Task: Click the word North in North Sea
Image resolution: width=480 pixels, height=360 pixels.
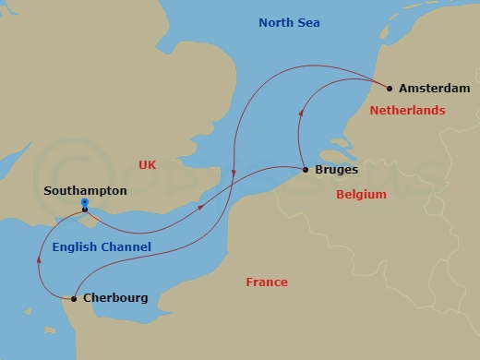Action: tap(276, 22)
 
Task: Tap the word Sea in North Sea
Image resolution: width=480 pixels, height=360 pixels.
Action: tap(308, 22)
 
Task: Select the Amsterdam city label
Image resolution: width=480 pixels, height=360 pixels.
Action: tap(435, 89)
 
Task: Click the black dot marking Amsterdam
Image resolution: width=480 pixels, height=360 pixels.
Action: tap(390, 89)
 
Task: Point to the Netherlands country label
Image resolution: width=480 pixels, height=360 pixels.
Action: tap(407, 110)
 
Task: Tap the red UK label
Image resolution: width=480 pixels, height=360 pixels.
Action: tap(148, 164)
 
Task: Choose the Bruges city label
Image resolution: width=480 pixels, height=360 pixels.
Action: tap(336, 170)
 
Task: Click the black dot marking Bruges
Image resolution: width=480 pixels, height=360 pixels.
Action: tap(306, 170)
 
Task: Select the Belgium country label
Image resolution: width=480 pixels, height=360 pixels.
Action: tap(361, 195)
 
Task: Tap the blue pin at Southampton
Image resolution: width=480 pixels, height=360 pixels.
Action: tap(84, 203)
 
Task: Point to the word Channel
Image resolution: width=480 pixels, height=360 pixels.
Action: tap(126, 246)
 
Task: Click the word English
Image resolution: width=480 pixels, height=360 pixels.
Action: tap(76, 246)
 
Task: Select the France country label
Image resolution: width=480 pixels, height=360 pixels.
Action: tap(267, 282)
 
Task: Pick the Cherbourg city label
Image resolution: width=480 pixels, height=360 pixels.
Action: tap(115, 298)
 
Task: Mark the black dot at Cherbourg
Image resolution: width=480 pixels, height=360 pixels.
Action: tap(74, 298)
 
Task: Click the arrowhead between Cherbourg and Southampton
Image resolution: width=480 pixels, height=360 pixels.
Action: tap(39, 259)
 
